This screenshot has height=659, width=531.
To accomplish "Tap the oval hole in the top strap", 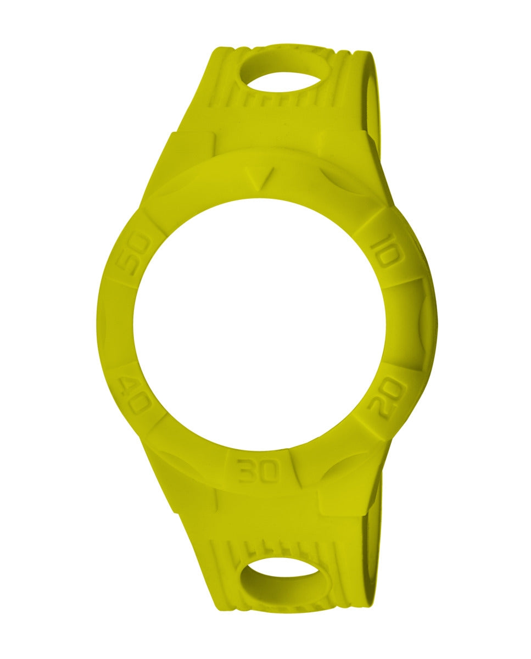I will click(281, 70).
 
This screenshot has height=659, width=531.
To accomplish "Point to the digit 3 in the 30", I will click(247, 471).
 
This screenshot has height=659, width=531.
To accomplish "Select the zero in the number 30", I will click(270, 471).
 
